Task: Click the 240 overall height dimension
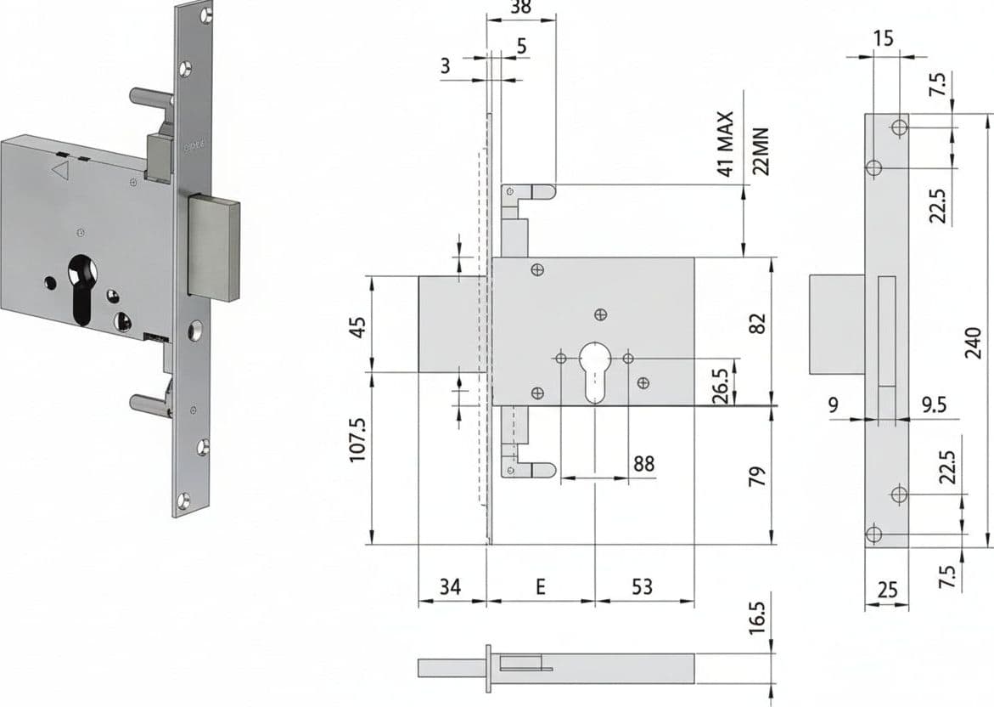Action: [973, 343]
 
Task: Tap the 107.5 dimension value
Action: [359, 438]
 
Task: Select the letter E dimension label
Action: [540, 586]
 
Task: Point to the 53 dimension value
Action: [643, 586]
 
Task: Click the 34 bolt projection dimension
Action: [451, 586]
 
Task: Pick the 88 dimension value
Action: [643, 464]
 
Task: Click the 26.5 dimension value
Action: [721, 384]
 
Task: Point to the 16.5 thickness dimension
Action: [757, 618]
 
